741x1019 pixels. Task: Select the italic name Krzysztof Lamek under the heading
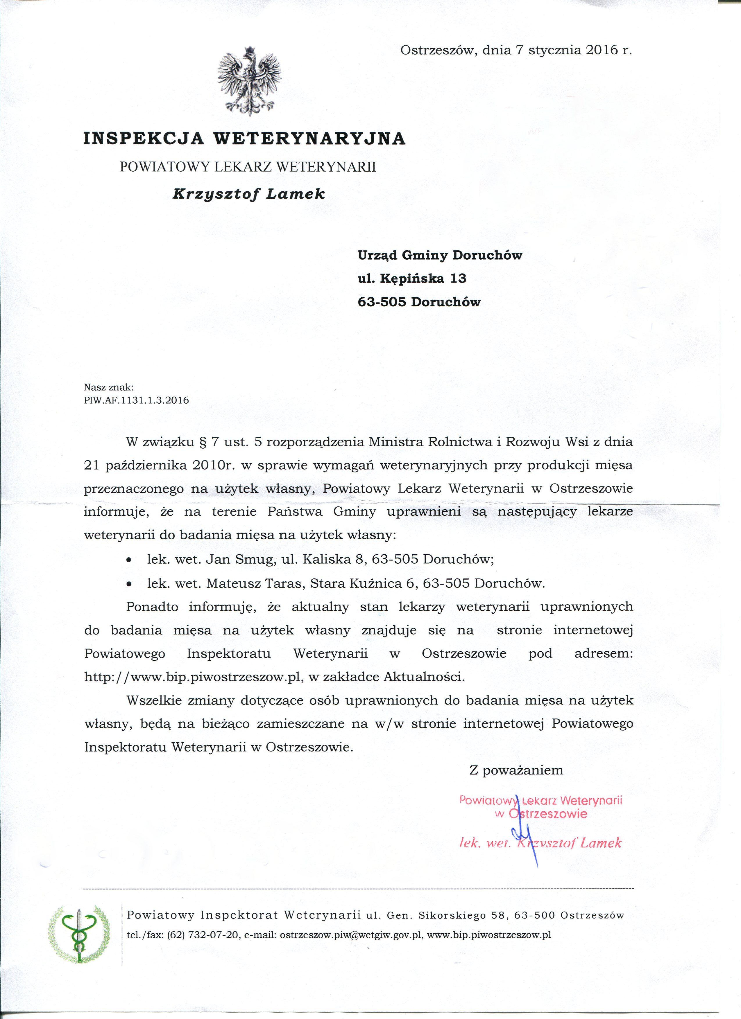249,194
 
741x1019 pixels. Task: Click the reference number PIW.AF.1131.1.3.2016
136,400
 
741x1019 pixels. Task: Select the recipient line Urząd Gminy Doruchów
440,256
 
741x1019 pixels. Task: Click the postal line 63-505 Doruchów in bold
419,302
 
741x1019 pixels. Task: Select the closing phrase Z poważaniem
516,770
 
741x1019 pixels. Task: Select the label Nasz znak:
108,387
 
